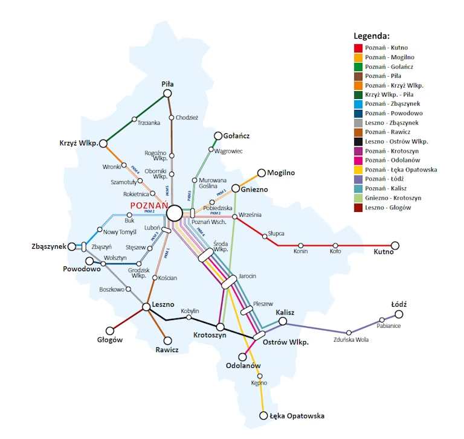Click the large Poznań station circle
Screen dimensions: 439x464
point(175,213)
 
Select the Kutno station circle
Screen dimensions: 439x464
point(395,245)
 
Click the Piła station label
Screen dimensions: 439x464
point(167,84)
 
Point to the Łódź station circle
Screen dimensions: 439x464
point(399,314)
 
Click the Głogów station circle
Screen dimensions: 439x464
point(110,331)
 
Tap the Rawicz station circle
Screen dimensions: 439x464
point(168,341)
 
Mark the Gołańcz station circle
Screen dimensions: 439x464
point(219,136)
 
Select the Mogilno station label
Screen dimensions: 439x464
point(281,173)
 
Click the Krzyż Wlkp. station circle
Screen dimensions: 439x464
point(103,143)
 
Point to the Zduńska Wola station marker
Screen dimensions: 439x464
point(349,332)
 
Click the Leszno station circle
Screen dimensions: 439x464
point(146,307)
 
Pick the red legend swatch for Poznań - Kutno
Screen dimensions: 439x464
point(358,48)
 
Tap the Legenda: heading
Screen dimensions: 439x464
point(372,36)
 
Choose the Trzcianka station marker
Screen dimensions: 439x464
point(134,118)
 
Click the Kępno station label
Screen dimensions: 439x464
point(259,383)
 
